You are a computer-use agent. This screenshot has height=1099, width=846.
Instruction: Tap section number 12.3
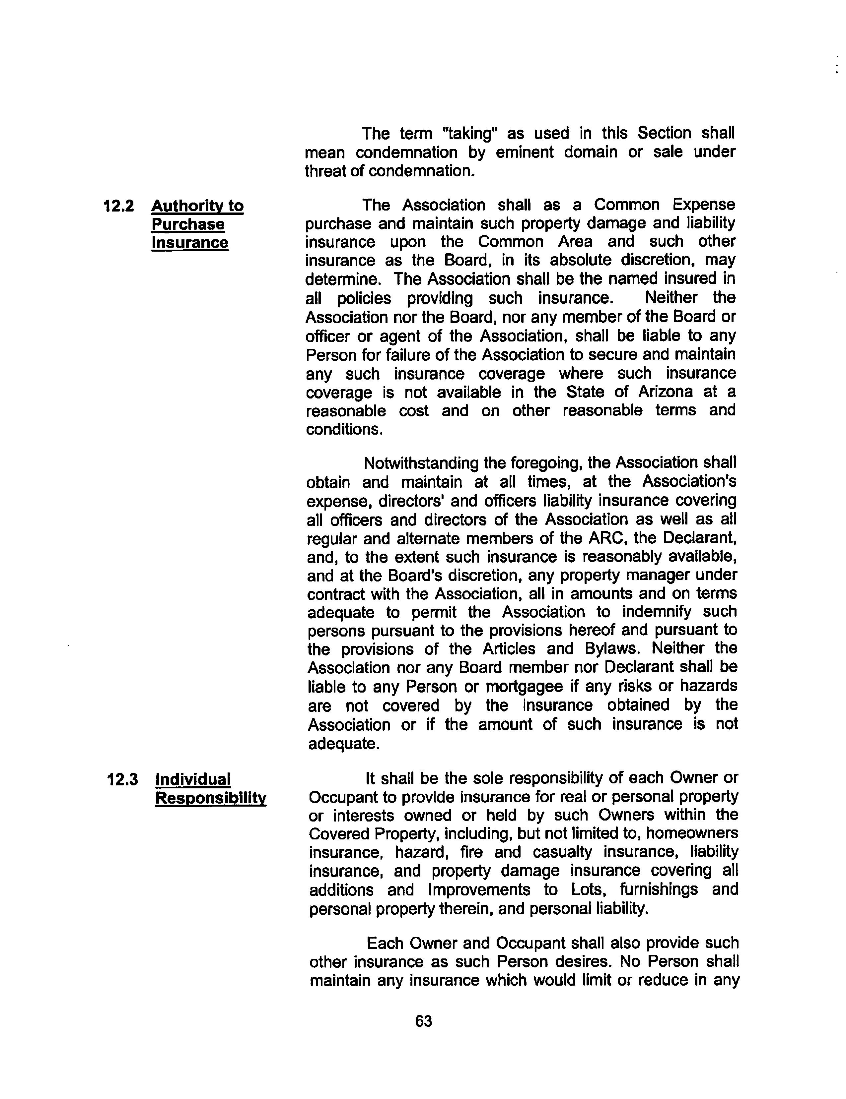pos(122,779)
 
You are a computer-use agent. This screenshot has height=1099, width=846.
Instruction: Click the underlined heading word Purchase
pos(188,224)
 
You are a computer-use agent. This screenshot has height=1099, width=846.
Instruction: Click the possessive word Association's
pos(689,482)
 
